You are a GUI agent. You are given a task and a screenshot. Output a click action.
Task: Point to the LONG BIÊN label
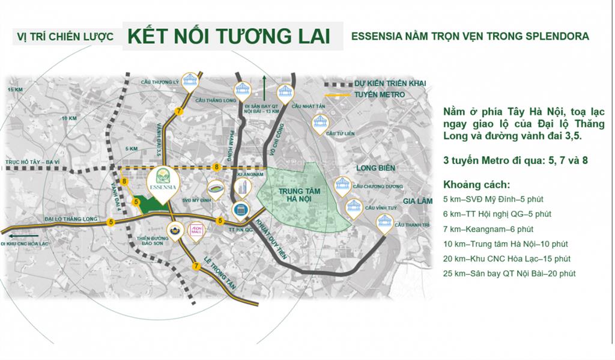[x=375, y=168]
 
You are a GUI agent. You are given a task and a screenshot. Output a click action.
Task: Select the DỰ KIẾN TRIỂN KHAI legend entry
[x=390, y=84]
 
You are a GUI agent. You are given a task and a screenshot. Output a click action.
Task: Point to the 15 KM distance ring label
[x=14, y=90]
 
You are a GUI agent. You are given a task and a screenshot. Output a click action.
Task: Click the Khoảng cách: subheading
[x=476, y=184]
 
